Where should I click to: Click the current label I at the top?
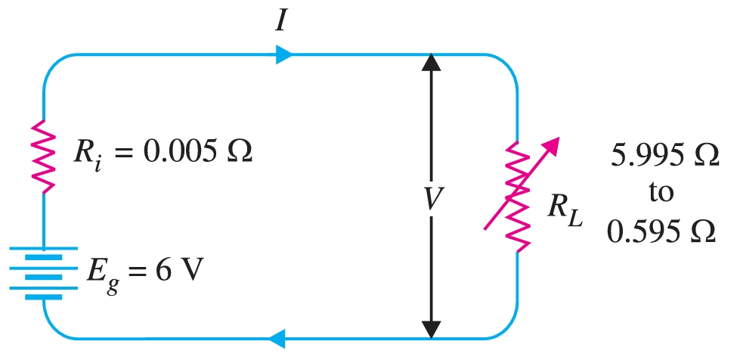[281, 20]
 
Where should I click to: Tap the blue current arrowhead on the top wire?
[283, 54]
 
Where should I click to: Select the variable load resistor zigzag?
[519, 194]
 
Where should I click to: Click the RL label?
[561, 212]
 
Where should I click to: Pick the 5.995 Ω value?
[662, 158]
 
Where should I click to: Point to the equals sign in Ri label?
[125, 154]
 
